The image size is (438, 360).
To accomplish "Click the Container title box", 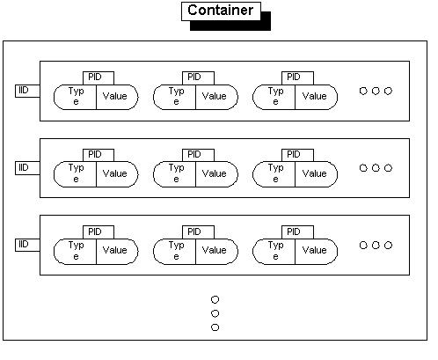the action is point(221,11).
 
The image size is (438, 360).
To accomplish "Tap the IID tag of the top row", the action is point(27,91).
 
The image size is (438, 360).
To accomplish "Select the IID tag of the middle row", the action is point(27,168).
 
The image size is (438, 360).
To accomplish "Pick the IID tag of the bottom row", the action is point(27,245).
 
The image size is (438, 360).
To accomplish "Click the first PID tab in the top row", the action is point(99,78).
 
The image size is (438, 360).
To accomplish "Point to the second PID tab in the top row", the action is point(198,78).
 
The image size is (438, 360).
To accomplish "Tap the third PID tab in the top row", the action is point(297,78).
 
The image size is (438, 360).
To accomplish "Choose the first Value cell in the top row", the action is point(117,97).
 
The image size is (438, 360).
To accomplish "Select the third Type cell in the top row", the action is point(274,97).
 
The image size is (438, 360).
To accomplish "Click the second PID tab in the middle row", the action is point(198,155).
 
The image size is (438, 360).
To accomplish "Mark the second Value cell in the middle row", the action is point(216,174).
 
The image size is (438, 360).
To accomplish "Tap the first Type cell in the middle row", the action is point(75,174).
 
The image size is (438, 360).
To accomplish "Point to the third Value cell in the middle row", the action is point(316,174).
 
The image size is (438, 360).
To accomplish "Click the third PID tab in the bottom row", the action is point(297,232).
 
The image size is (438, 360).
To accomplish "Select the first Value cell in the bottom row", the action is point(117,252).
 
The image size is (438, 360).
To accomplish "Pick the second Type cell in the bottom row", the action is point(174,252).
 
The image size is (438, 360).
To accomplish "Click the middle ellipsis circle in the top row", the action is point(376,91).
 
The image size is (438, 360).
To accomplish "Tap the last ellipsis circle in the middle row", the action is point(388,168).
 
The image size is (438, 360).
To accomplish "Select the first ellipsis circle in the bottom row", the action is point(363,245).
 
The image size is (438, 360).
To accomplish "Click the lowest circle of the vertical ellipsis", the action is point(215,327).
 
